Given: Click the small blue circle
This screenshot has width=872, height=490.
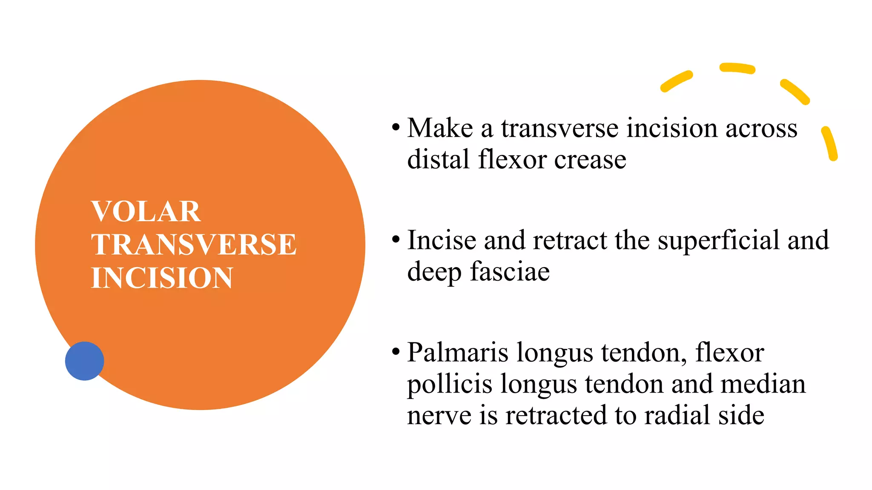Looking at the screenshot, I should (x=84, y=361).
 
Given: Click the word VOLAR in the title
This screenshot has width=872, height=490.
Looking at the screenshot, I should (x=146, y=211).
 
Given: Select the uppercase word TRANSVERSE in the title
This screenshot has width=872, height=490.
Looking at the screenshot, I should (x=194, y=245).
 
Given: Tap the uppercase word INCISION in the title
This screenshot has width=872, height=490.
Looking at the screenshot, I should (x=162, y=278).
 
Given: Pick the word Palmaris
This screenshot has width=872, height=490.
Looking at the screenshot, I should (x=458, y=353).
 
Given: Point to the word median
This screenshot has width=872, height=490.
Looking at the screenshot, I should (x=763, y=384).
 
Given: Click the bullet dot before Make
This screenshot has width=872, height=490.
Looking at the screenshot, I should (x=396, y=127).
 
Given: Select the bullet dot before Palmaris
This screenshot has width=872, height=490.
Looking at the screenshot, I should (x=396, y=352).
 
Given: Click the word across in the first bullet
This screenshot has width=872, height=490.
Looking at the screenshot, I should (x=761, y=128).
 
